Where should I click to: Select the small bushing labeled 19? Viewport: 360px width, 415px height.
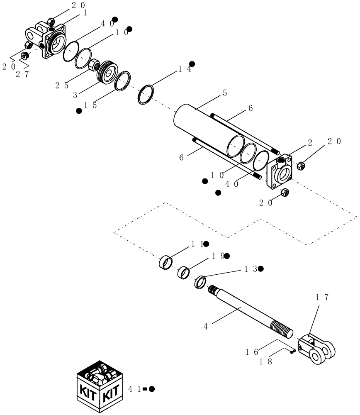tap(184, 273)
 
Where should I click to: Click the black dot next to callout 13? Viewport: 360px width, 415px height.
tap(260, 269)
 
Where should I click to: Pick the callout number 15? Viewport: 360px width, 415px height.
tap(90, 105)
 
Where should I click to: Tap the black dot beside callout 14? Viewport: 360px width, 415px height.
tap(192, 64)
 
